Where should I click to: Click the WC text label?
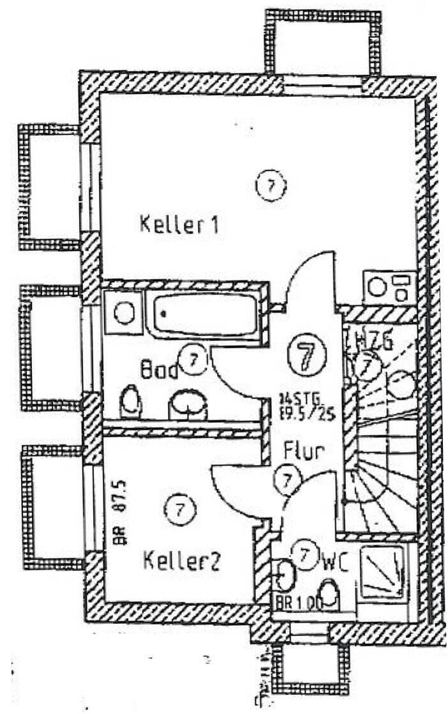[335, 563]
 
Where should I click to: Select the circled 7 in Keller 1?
[271, 186]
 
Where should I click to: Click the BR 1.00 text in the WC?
[297, 601]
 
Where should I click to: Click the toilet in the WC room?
[329, 594]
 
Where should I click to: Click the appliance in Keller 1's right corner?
[389, 287]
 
